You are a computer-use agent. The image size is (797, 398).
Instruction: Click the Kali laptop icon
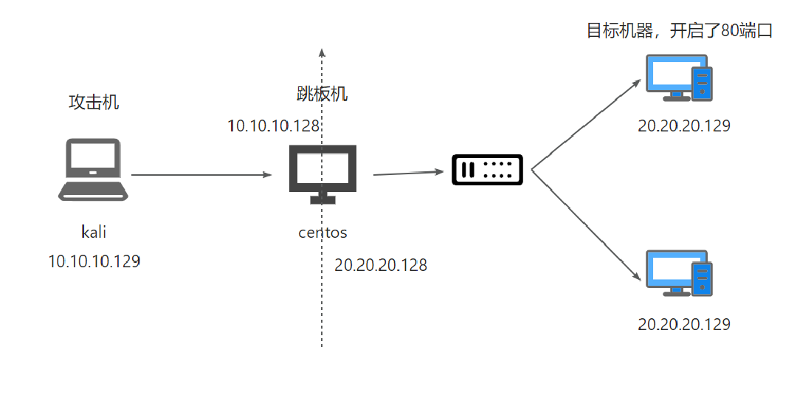pyautogui.click(x=93, y=170)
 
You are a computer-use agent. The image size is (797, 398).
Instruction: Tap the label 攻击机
pyautogui.click(x=94, y=103)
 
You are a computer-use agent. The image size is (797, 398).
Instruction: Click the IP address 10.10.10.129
pyautogui.click(x=94, y=261)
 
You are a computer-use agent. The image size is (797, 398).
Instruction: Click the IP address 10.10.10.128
pyautogui.click(x=274, y=126)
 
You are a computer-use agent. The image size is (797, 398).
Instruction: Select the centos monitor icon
pyautogui.click(x=322, y=174)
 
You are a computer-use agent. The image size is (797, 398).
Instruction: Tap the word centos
pyautogui.click(x=322, y=233)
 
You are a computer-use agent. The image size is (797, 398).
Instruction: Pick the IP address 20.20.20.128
pyautogui.click(x=381, y=265)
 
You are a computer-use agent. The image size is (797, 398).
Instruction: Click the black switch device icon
pyautogui.click(x=487, y=171)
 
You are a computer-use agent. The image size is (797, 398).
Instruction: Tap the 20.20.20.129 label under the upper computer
pyautogui.click(x=684, y=126)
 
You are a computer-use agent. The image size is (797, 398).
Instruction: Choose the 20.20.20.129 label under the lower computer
pyautogui.click(x=684, y=324)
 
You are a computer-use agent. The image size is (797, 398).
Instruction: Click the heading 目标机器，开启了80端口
pyautogui.click(x=679, y=31)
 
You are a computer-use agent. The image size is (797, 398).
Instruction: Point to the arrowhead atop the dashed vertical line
pyautogui.click(x=321, y=52)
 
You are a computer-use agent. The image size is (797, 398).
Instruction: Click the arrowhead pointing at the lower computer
pyautogui.click(x=637, y=278)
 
